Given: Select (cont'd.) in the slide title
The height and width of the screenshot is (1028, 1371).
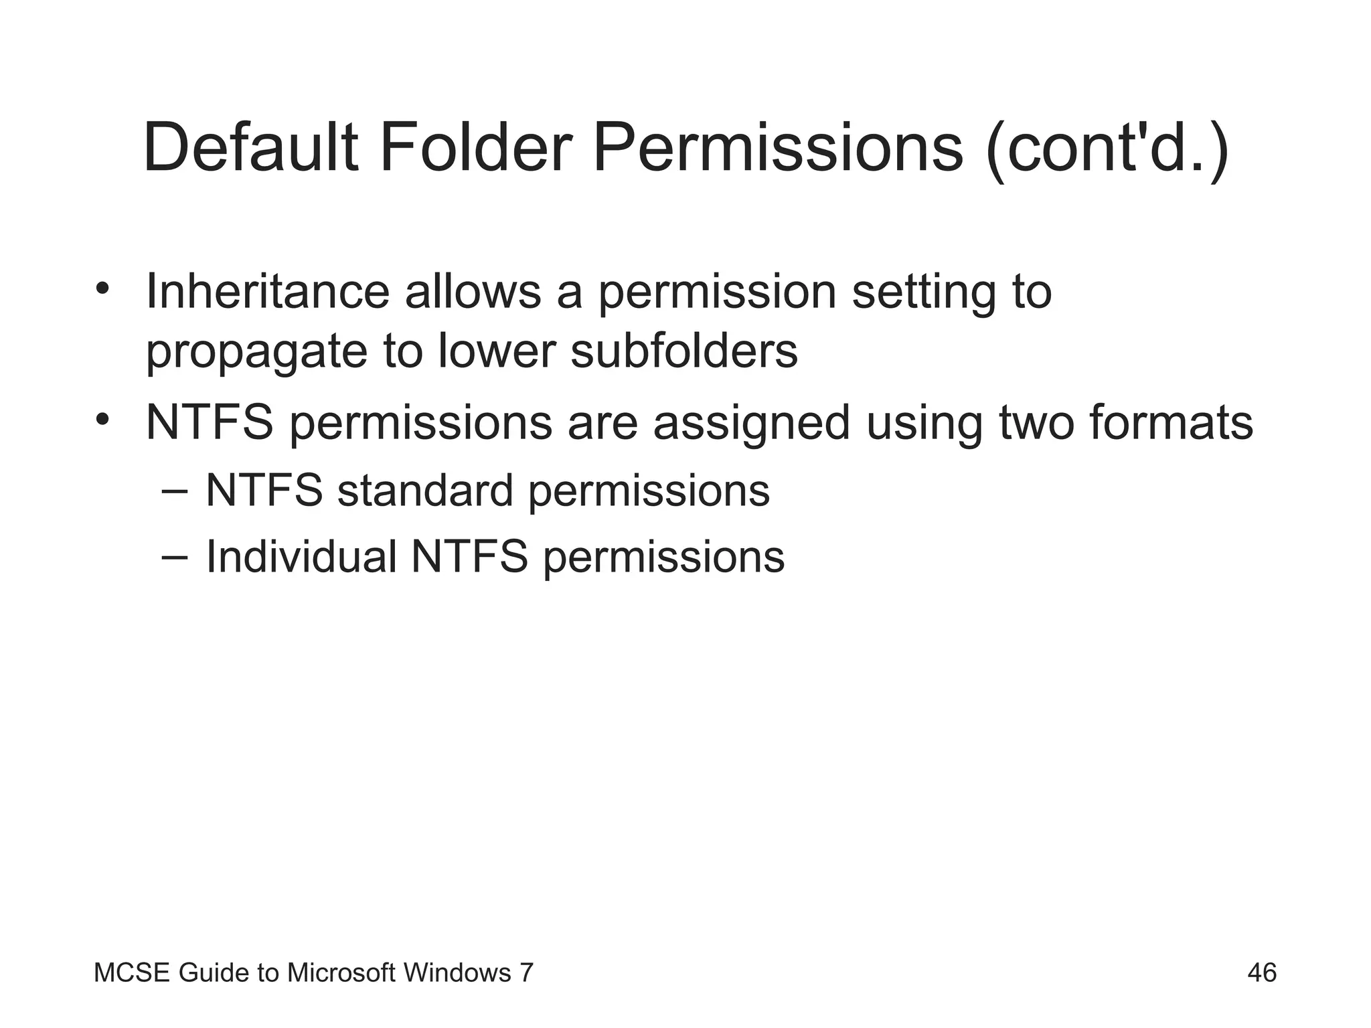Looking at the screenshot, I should click(x=1107, y=149).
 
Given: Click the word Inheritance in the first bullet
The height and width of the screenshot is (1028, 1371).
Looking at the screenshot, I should click(x=267, y=292).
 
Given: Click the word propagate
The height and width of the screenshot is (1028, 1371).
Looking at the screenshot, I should click(x=256, y=352).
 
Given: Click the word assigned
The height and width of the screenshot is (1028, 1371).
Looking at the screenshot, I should click(x=751, y=424).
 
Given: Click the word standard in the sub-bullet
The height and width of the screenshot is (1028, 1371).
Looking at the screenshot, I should click(x=425, y=491).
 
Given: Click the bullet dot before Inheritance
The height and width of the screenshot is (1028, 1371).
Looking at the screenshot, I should click(x=102, y=288).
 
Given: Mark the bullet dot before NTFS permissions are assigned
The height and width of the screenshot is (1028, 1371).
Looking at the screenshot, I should click(x=102, y=420).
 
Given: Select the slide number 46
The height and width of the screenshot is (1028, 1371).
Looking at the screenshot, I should click(x=1262, y=972).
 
